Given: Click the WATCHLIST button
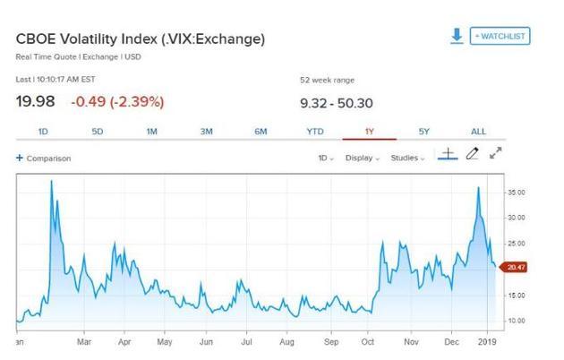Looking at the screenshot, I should tap(500, 36).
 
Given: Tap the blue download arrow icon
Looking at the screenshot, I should tap(457, 36).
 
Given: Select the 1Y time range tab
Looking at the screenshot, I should tap(369, 132).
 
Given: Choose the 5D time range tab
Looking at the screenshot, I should tap(98, 132).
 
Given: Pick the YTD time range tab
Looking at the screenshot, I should tap(315, 132).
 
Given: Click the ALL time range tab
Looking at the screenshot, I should tap(478, 132).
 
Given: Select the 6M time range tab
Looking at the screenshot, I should tap(261, 132).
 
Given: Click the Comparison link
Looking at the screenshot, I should tap(44, 159).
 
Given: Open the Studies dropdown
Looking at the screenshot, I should tap(408, 158).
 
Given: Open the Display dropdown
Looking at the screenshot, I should tap(363, 158).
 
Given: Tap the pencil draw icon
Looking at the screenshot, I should tap(473, 154).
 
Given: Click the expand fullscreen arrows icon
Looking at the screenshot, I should tap(496, 154).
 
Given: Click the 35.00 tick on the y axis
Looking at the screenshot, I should tap(517, 193).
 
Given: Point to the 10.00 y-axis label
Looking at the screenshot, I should tap(517, 320).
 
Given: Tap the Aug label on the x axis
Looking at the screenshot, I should tap(286, 341).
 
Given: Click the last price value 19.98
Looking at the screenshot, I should tap(37, 100).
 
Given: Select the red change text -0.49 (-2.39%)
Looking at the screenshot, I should tap(118, 100).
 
